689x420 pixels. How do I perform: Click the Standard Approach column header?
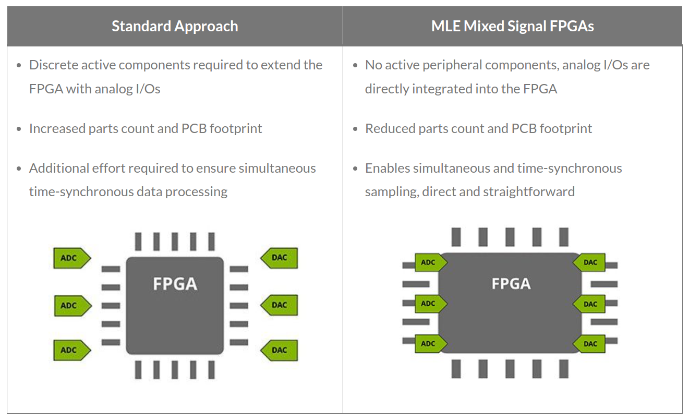[175, 27]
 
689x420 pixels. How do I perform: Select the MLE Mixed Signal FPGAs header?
[512, 27]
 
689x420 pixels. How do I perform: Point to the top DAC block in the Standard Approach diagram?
[279, 258]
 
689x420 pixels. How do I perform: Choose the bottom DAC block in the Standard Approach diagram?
[279, 350]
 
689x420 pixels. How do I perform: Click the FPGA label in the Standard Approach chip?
[175, 284]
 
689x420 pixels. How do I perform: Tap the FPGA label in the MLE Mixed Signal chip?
[511, 284]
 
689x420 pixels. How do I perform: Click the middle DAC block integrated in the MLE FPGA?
[589, 304]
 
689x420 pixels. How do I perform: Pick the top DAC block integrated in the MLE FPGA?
[589, 262]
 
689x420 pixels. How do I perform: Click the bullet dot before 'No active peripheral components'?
[355, 66]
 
